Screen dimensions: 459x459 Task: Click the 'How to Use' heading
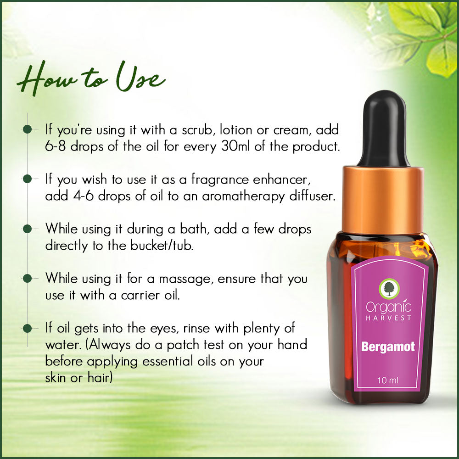[x=91, y=78]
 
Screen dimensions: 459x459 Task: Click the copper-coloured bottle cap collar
[x=383, y=200]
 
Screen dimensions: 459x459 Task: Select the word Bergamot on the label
[x=388, y=347]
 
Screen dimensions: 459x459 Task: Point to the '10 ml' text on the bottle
[x=387, y=380]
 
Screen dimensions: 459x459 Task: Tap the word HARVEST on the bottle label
[x=388, y=318]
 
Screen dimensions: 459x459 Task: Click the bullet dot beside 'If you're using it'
[x=27, y=129]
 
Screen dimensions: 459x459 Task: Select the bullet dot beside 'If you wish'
[x=27, y=179]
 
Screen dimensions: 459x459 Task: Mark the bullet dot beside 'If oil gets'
[x=27, y=329]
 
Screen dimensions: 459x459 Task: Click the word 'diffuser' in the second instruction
[x=312, y=196]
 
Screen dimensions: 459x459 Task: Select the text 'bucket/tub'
[x=162, y=245]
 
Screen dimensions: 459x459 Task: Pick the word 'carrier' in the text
[x=140, y=295]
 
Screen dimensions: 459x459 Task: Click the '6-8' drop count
[x=55, y=146]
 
